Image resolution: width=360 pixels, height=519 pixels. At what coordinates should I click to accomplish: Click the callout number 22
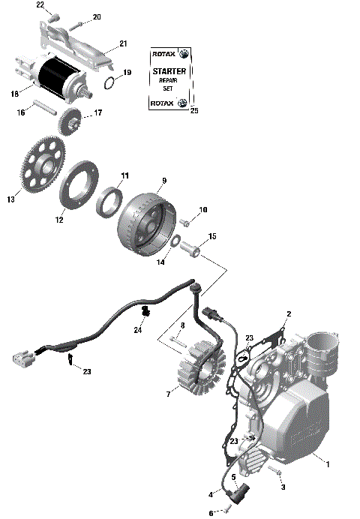click(40, 5)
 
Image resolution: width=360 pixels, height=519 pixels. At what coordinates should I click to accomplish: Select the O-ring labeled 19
click(109, 82)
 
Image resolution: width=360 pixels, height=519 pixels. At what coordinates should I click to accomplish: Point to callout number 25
click(194, 111)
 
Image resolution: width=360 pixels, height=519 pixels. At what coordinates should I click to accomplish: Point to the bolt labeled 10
click(185, 223)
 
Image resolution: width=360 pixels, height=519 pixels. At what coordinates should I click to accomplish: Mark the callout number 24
click(138, 329)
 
